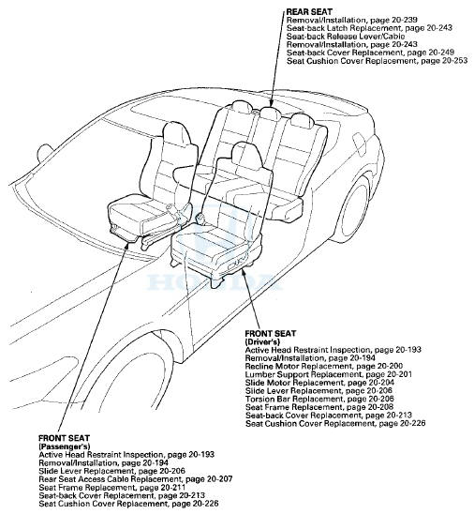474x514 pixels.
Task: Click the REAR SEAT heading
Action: [x=309, y=10]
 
